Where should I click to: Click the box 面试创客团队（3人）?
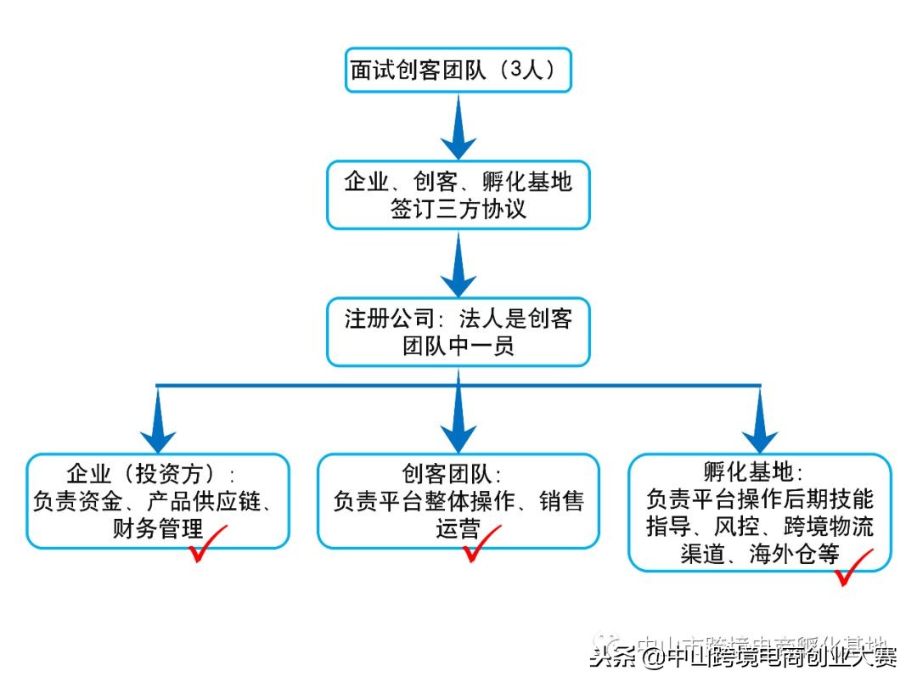[x=458, y=70]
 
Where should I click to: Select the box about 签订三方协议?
[x=458, y=195]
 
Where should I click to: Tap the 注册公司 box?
[x=458, y=332]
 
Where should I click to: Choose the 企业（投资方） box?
[x=158, y=500]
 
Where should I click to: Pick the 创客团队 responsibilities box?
[x=458, y=500]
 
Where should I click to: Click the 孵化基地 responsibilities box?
[x=760, y=511]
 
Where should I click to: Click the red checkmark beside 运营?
[x=481, y=544]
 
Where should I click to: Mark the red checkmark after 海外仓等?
[x=852, y=567]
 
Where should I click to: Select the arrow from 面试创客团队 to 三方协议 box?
[x=458, y=127]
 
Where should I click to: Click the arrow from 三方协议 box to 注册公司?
[x=458, y=265]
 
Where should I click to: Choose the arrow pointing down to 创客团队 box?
[x=458, y=416]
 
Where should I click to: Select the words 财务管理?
[x=158, y=529]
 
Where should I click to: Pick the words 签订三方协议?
[x=458, y=209]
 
